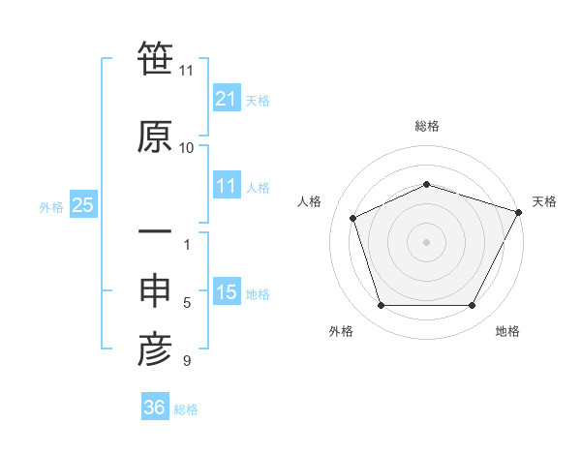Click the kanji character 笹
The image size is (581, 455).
[155, 59]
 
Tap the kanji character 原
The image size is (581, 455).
[155, 136]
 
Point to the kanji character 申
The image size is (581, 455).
[155, 291]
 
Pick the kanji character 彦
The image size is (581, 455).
[155, 349]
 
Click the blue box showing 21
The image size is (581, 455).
[227, 99]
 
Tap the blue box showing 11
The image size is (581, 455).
[227, 186]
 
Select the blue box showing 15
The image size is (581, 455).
[227, 292]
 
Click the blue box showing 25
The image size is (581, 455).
[82, 205]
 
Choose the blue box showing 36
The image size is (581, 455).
[155, 408]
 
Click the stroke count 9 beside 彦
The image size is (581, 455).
[186, 361]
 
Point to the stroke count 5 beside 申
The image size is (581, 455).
[186, 303]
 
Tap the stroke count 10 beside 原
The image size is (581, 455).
[186, 148]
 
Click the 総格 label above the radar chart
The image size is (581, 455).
[427, 126]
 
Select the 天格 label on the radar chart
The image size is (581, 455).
[544, 201]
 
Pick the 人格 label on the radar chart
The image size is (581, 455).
[310, 201]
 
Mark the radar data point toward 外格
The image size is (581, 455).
[381, 306]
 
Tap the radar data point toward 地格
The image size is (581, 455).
[473, 306]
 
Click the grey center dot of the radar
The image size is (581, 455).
[427, 241]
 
